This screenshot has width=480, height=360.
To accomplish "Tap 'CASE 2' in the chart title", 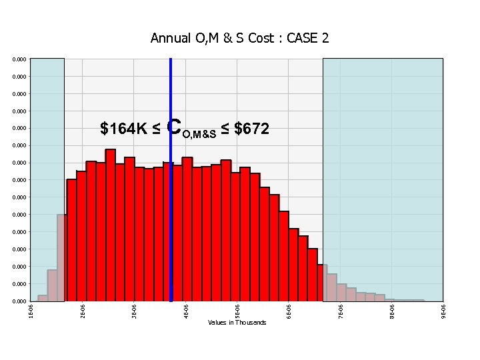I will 307,38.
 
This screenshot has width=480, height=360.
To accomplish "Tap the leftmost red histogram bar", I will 71,240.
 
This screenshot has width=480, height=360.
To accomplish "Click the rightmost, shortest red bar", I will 320,283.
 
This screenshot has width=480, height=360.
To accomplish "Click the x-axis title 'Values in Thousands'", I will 237,323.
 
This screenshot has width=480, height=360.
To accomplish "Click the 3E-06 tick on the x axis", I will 134,310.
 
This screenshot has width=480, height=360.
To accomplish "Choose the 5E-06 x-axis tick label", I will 237,310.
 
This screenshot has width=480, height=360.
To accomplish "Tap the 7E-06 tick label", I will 340,310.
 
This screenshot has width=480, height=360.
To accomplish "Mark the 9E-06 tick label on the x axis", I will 443,310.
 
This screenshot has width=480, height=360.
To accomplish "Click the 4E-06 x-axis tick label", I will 185,310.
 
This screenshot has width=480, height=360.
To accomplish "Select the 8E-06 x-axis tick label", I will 392,310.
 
